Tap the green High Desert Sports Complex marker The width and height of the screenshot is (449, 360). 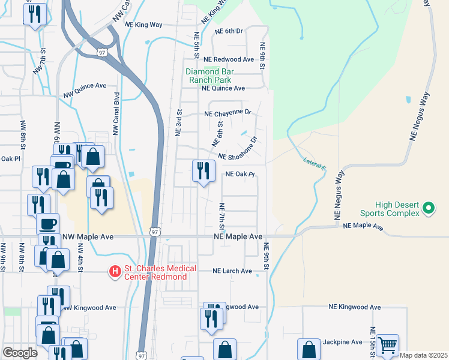pyautogui.click(x=428, y=208)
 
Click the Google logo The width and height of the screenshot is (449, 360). pyautogui.click(x=20, y=353)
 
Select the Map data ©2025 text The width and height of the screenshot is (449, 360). pyautogui.click(x=424, y=355)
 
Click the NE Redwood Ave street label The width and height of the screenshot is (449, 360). pyautogui.click(x=229, y=60)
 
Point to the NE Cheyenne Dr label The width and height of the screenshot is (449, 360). pyautogui.click(x=228, y=113)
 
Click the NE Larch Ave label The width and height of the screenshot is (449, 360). pyautogui.click(x=232, y=271)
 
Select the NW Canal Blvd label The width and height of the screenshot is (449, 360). pyautogui.click(x=115, y=113)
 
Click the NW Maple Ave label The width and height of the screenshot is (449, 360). pyautogui.click(x=85, y=237)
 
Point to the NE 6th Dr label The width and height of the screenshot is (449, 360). pyautogui.click(x=228, y=31)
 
